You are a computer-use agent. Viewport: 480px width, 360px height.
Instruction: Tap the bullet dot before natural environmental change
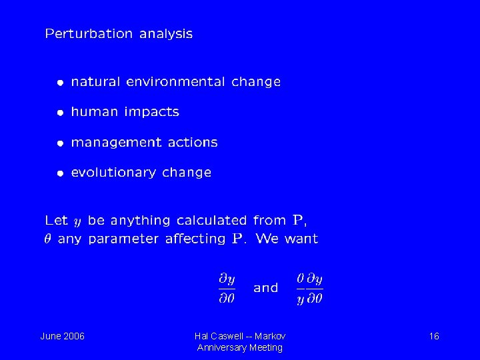tap(60, 83)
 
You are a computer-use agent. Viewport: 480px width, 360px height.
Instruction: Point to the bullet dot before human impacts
tap(60, 113)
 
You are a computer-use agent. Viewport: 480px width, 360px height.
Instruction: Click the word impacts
tap(154, 113)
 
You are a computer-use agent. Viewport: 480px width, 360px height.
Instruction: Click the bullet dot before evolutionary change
tap(60, 173)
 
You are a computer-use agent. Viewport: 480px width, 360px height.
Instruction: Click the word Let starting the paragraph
tap(56, 220)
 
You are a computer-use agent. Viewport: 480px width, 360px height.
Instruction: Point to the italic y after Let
tap(77, 221)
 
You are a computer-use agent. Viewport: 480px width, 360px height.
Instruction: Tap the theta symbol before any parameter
tap(49, 239)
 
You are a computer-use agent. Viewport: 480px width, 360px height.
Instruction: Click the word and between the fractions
tap(266, 288)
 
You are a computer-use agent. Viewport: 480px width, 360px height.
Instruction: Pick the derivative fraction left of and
tap(227, 288)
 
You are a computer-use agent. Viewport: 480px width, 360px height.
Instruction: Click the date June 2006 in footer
tap(63, 336)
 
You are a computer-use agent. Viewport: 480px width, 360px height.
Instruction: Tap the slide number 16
tap(433, 336)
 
